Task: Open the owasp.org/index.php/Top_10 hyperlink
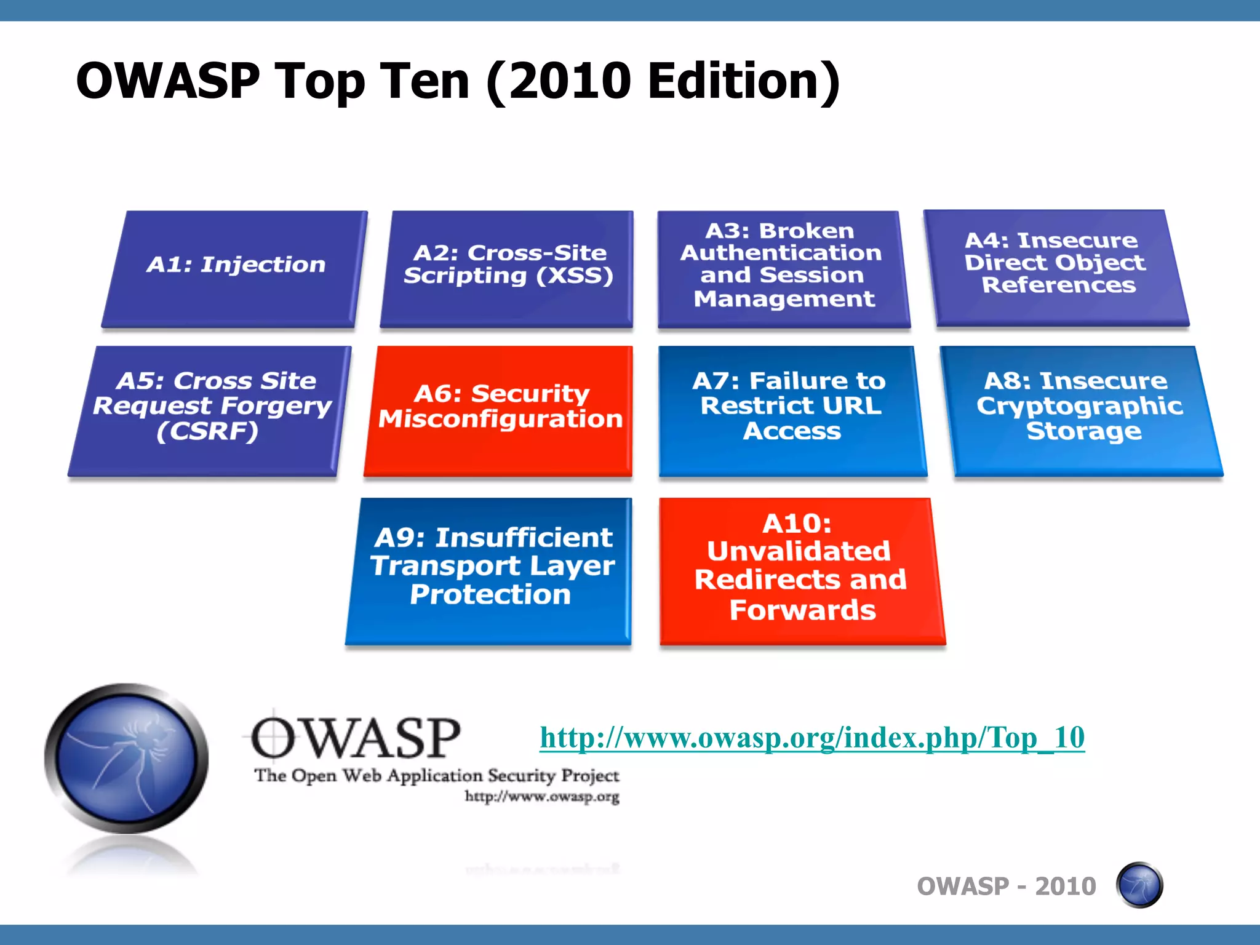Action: (812, 738)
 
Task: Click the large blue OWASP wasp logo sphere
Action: (127, 758)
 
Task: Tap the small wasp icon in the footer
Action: (1139, 885)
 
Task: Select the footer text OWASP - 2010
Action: (1007, 887)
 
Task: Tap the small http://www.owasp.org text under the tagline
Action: (541, 797)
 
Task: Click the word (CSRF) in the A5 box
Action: (207, 432)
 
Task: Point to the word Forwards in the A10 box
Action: (802, 610)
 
